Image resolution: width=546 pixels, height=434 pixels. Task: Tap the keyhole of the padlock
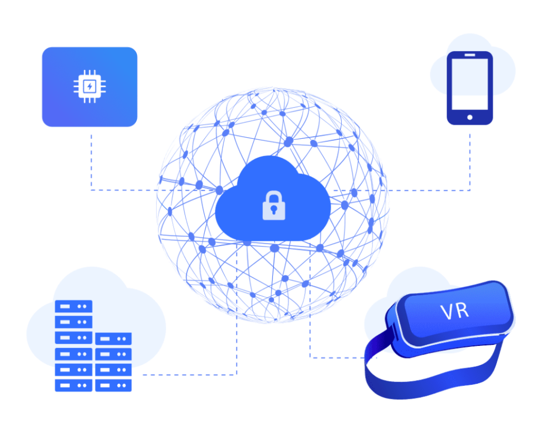tap(274, 210)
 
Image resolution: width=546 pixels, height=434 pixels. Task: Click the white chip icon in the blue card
tap(90, 86)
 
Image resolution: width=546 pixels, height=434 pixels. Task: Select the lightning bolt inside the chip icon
tap(90, 86)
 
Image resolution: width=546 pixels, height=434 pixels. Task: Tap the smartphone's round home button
tap(470, 117)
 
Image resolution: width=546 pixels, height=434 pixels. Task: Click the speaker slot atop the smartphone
tap(470, 55)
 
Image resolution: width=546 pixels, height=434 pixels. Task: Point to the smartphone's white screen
tap(470, 84)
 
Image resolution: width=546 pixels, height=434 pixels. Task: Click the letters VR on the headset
tap(455, 311)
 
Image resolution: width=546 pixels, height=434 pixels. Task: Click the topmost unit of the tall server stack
tap(74, 306)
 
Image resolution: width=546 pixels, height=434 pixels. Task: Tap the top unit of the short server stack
tap(114, 338)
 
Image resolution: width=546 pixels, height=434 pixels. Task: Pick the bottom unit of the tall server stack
tap(74, 385)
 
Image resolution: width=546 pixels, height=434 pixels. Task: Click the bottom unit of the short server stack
tap(114, 385)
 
